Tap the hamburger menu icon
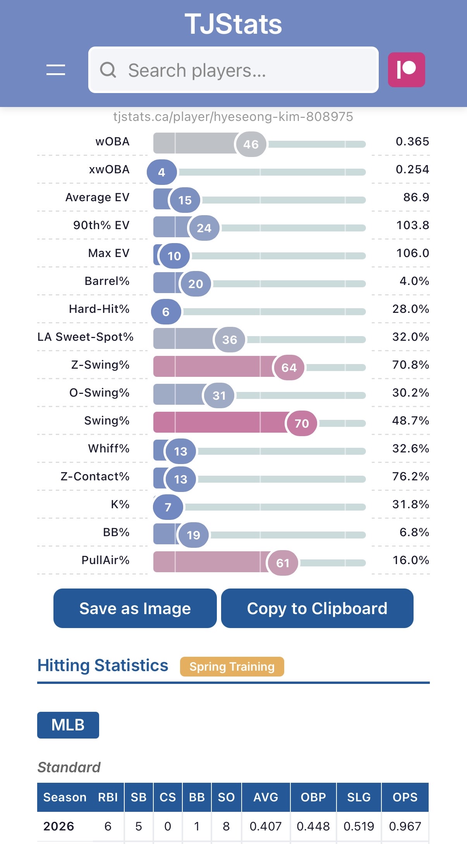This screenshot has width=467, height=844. click(x=56, y=70)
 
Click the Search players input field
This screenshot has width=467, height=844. click(x=233, y=70)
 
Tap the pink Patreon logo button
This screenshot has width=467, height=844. click(x=406, y=70)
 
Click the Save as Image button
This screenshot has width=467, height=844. click(x=135, y=608)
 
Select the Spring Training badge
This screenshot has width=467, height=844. click(x=232, y=666)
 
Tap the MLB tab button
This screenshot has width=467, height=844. click(x=68, y=725)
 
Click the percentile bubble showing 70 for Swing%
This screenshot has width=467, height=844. click(x=302, y=423)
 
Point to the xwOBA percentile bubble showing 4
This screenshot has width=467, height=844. click(x=162, y=172)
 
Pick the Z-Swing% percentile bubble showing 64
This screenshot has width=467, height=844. click(x=289, y=367)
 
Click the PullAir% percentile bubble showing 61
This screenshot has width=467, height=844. click(x=283, y=563)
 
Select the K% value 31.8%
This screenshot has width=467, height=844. click(x=410, y=504)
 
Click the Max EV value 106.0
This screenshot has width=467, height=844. click(x=412, y=253)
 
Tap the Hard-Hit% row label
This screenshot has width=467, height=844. click(x=99, y=309)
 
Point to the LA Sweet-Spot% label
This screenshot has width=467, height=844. click(x=86, y=337)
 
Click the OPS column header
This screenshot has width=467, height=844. click(x=405, y=797)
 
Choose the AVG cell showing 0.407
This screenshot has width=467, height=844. click(x=266, y=826)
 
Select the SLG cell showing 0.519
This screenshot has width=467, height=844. click(x=359, y=826)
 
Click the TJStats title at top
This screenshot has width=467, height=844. click(x=233, y=24)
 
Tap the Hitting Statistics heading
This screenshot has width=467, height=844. click(x=103, y=665)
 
